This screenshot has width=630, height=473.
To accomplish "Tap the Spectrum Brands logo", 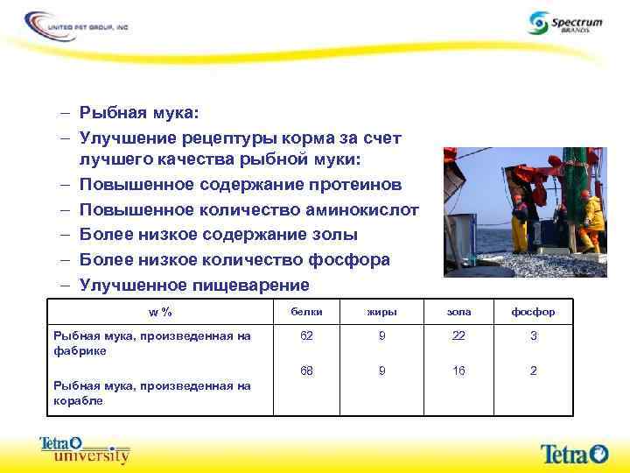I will (x=565, y=24).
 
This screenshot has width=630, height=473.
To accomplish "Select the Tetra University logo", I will (x=85, y=449).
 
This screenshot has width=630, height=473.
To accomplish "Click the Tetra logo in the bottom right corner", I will (x=573, y=453).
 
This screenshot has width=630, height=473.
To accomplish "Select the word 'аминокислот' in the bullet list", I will (x=367, y=210).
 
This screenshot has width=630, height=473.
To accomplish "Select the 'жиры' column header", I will (x=381, y=312).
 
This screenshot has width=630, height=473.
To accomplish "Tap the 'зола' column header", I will (x=458, y=312).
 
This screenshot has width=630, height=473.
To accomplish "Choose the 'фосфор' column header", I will (x=534, y=312).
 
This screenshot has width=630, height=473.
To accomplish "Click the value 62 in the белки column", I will (x=306, y=335).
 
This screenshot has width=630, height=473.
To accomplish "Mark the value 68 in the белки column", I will (x=306, y=371).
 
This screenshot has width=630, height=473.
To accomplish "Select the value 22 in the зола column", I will (x=458, y=335).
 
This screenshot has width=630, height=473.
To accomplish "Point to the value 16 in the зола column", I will (x=458, y=371).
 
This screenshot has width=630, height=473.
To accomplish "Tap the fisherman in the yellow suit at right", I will (x=592, y=221).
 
